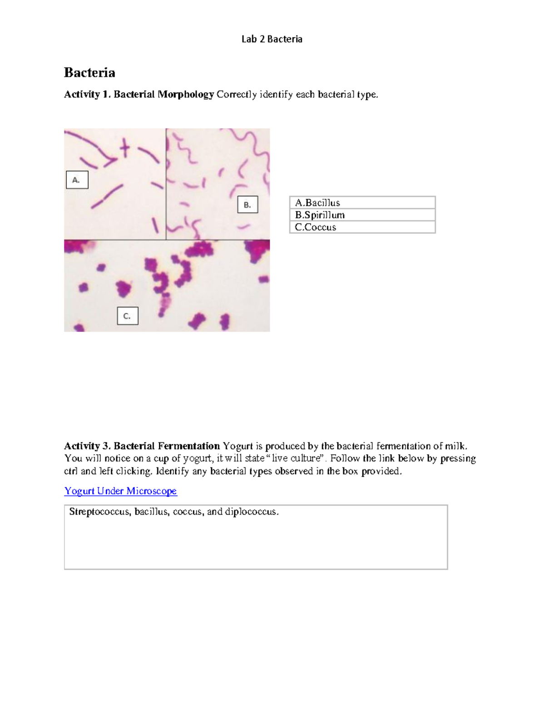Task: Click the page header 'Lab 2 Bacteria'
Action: [x=272, y=39]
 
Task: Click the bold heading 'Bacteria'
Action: [x=89, y=73]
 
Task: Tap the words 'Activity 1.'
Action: [x=87, y=95]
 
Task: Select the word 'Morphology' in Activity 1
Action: [x=186, y=95]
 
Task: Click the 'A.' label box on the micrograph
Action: [x=77, y=180]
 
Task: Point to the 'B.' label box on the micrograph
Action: [x=248, y=205]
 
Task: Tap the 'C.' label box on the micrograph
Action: [x=127, y=316]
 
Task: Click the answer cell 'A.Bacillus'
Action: [x=362, y=203]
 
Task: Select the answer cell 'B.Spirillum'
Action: [x=362, y=215]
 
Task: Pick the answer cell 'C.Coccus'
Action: [x=362, y=227]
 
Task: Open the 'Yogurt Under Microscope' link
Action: [x=120, y=491]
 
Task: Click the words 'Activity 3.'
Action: [x=87, y=446]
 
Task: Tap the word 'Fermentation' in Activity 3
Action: [x=188, y=446]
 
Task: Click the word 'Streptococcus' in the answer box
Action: [x=100, y=512]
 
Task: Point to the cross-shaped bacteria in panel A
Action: [x=124, y=148]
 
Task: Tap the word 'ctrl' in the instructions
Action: [x=71, y=471]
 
